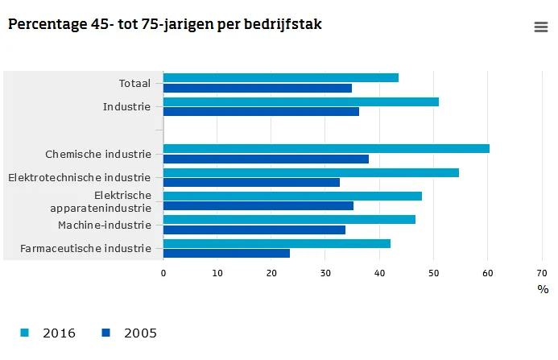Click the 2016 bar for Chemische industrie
pos(326,148)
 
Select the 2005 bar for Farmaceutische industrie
pos(226,253)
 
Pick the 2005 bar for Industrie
pos(261,111)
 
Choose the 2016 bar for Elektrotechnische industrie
pos(311,172)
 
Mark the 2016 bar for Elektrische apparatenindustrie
pos(292,196)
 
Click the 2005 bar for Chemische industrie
pos(266,159)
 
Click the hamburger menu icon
pos(541,27)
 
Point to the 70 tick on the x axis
pos(541,273)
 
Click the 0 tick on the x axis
pos(163,273)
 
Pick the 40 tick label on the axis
pos(379,273)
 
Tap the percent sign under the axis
pos(543,289)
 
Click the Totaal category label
pos(134,83)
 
